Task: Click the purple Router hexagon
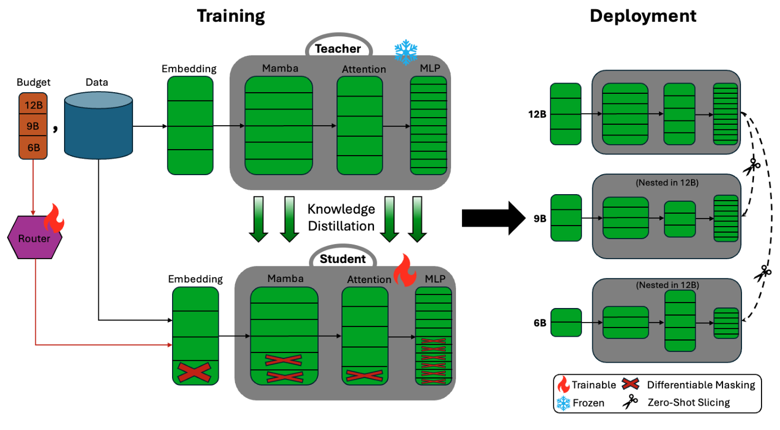tap(34, 239)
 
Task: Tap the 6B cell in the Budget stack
tap(34, 146)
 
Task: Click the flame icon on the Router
tap(55, 219)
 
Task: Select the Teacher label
tap(338, 49)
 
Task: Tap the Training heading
tap(231, 16)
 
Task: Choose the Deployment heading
tap(643, 16)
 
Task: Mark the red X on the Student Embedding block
tap(195, 373)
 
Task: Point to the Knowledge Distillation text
tap(341, 217)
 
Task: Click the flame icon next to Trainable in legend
tap(563, 385)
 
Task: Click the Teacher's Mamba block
tap(278, 125)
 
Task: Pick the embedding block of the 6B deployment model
tap(566, 323)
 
